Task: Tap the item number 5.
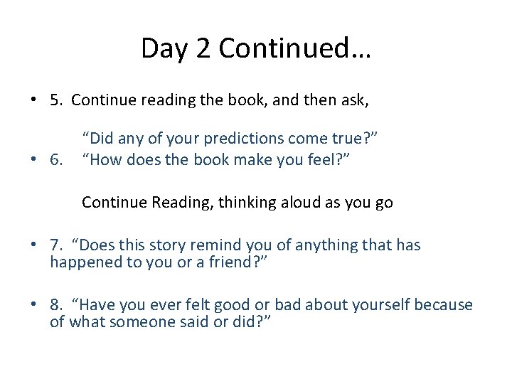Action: coord(55,100)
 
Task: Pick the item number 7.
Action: coord(55,246)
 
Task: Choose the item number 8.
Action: coord(55,305)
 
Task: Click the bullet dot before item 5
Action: coord(34,101)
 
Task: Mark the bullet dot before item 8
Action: coord(34,306)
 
